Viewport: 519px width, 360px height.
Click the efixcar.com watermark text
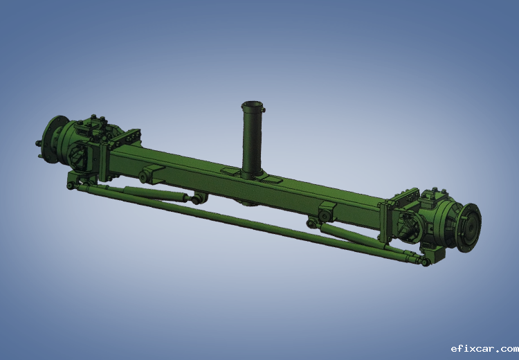(x=484, y=349)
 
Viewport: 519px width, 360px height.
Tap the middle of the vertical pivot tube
(x=252, y=140)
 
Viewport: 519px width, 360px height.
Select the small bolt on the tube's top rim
(x=264, y=109)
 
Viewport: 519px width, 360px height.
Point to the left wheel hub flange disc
(x=53, y=138)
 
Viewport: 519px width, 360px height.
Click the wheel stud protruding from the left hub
(x=38, y=143)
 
